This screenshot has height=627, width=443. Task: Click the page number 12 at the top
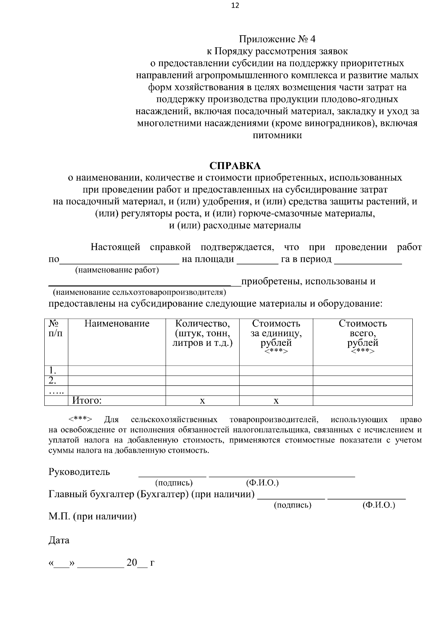235,6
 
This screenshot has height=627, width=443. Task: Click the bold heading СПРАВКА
235,165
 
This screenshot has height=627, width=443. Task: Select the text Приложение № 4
277,39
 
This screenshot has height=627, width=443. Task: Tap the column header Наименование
117,324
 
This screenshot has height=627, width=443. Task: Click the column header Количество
202,324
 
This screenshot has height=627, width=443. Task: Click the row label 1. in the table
52,370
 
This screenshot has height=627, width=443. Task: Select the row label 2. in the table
52,380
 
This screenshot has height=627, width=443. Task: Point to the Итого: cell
87,401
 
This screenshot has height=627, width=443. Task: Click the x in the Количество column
202,401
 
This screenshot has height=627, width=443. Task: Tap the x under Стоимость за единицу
276,401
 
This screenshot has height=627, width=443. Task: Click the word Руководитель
79,472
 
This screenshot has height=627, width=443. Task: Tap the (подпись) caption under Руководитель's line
174,483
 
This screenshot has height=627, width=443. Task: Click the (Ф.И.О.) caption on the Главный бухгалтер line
379,505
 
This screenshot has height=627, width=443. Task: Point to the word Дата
59,541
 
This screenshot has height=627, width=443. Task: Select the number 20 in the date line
131,563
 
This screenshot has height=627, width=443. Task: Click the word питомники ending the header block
277,135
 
